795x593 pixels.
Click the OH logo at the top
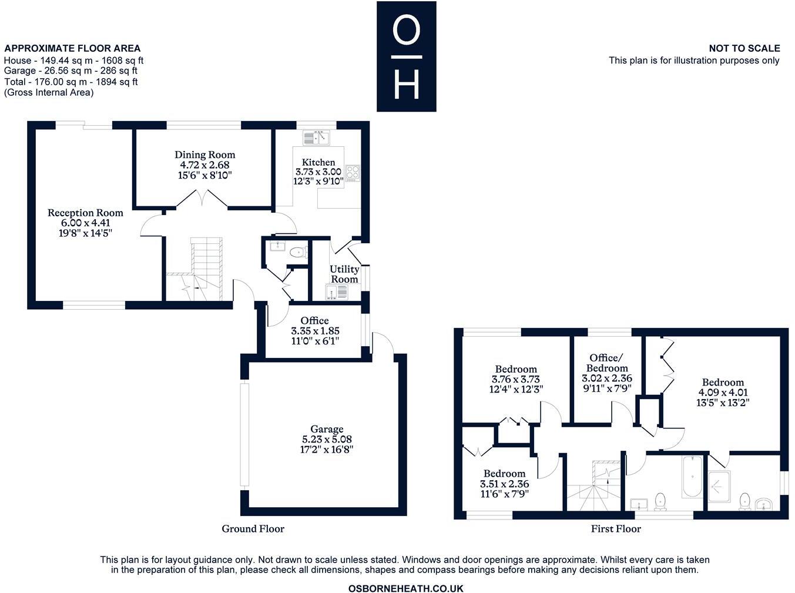coord(406,56)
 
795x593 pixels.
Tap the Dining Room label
coord(204,155)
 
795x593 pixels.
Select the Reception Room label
coord(85,213)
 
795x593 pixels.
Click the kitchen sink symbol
coord(317,138)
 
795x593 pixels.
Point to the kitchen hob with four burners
coord(353,173)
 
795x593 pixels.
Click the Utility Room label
coord(344,274)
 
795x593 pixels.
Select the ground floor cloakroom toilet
coord(297,253)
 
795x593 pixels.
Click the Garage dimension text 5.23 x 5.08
coord(327,439)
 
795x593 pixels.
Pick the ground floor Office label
coord(314,320)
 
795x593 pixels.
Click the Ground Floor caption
coord(253,528)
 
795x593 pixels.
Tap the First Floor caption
coord(615,528)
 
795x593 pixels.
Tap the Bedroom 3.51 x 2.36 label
coord(504,474)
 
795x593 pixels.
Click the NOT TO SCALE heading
coord(744,48)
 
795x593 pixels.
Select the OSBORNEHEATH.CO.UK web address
coord(405,588)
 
